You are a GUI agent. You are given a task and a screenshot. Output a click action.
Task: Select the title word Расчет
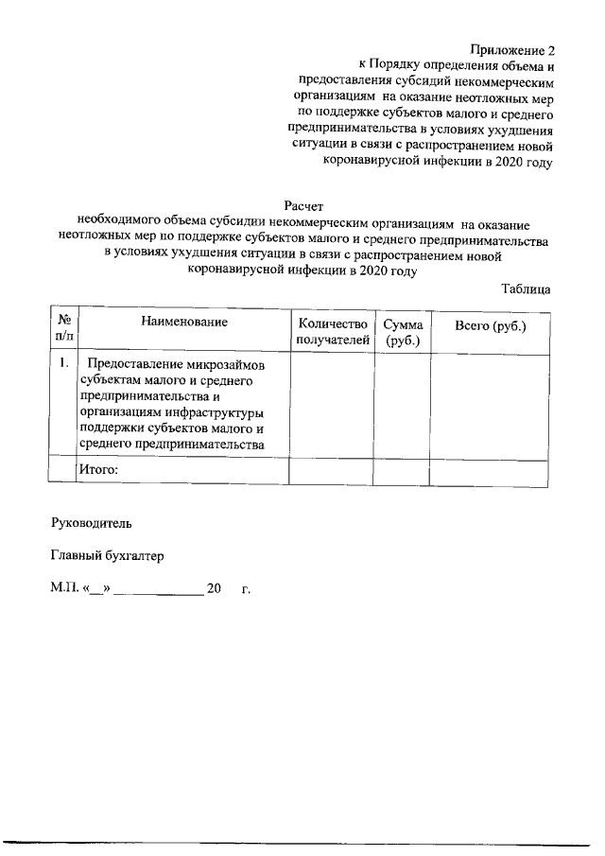pyautogui.click(x=303, y=205)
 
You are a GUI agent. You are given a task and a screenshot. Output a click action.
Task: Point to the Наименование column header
pyautogui.click(x=185, y=323)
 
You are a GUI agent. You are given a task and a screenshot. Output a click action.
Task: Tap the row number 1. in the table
pyautogui.click(x=61, y=363)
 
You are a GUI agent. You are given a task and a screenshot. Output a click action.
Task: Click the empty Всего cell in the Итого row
pyautogui.click(x=490, y=470)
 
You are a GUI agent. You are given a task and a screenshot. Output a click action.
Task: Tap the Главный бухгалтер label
pyautogui.click(x=107, y=556)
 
